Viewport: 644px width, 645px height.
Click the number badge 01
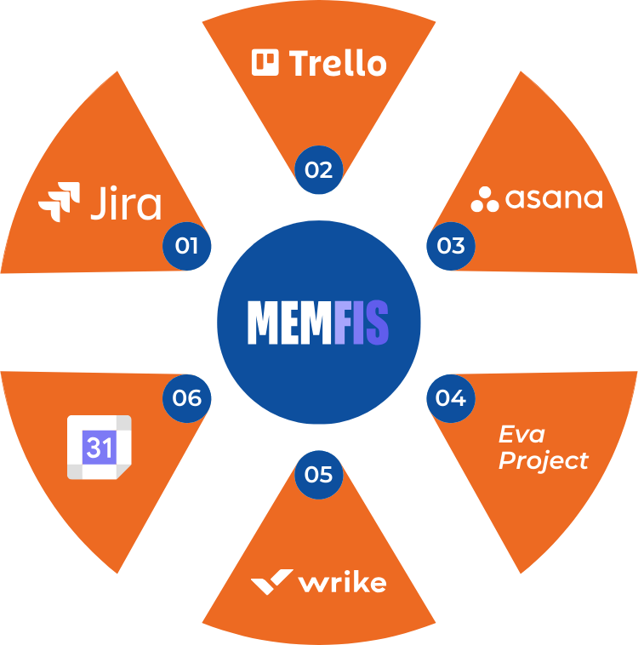pyautogui.click(x=186, y=247)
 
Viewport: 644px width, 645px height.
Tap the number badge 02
pyautogui.click(x=318, y=169)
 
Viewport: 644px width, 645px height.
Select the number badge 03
pyautogui.click(x=451, y=246)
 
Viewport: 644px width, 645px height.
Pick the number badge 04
pyautogui.click(x=451, y=397)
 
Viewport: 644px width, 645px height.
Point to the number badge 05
pyautogui.click(x=318, y=474)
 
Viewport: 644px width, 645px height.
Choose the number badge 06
pyautogui.click(x=186, y=397)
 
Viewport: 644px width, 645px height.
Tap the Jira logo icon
pyautogui.click(x=60, y=203)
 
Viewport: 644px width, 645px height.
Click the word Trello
pyautogui.click(x=338, y=63)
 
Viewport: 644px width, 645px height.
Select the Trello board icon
pyautogui.click(x=265, y=62)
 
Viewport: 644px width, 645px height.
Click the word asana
pyautogui.click(x=554, y=198)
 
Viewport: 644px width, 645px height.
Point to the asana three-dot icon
pyautogui.click(x=485, y=199)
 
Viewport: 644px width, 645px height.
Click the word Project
pyautogui.click(x=543, y=461)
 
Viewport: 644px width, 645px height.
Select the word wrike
pyautogui.click(x=342, y=583)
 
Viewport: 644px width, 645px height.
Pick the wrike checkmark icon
pyautogui.click(x=271, y=582)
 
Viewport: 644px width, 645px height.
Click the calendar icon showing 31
pyautogui.click(x=99, y=448)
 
